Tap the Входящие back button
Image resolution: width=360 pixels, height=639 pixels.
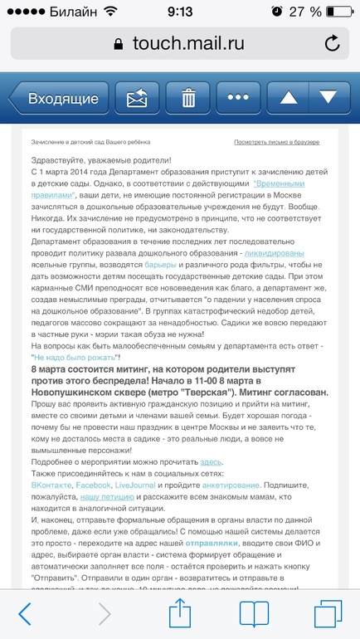click(58, 99)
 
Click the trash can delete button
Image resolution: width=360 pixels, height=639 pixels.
click(188, 99)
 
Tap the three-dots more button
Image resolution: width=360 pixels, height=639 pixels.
click(241, 99)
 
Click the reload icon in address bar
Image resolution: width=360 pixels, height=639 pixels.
click(333, 43)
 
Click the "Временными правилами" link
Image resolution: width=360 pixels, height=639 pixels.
click(285, 182)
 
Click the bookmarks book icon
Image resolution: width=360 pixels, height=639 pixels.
click(254, 613)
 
